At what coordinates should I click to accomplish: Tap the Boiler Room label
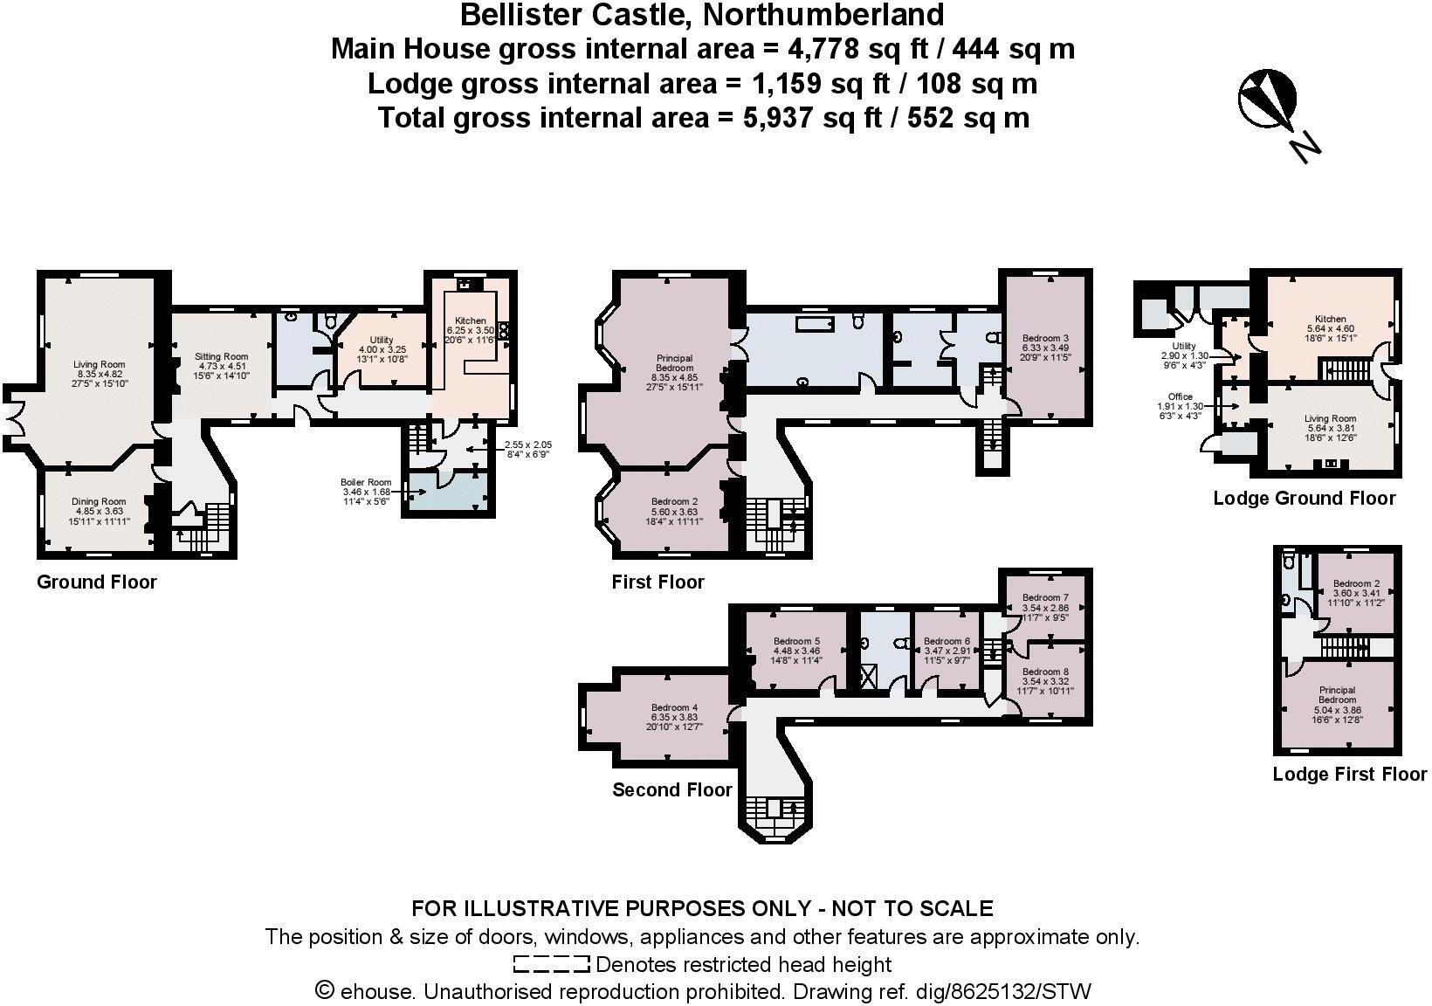(366, 482)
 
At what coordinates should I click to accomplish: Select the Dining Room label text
(99, 502)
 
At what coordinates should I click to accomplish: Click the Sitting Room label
(221, 356)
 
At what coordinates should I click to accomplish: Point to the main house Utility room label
(382, 340)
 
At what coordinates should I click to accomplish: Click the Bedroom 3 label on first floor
(1046, 338)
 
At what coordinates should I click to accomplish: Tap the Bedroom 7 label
(1045, 598)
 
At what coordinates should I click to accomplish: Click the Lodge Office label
(1180, 396)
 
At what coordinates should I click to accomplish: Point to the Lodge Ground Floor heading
(1304, 499)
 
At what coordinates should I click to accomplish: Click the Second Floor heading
(671, 790)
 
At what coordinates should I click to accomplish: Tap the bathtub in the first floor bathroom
(815, 324)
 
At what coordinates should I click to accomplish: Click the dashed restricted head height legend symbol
(552, 965)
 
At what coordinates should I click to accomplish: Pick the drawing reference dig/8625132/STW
(1001, 992)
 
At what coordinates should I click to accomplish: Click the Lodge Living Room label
(1330, 419)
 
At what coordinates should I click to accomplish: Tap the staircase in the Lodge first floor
(1344, 647)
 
